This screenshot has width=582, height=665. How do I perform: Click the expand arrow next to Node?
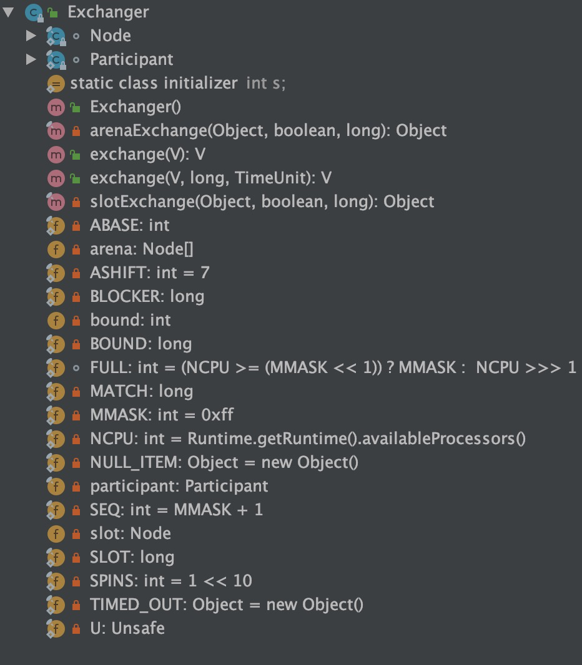(x=31, y=36)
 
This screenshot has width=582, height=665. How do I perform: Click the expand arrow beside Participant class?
(x=31, y=59)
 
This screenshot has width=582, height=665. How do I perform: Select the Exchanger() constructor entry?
(x=135, y=107)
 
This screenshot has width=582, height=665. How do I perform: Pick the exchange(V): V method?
(x=147, y=154)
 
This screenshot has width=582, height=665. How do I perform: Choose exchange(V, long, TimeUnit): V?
(x=210, y=178)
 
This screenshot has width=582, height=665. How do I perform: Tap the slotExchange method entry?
(x=262, y=201)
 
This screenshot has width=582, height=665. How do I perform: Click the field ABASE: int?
(x=129, y=225)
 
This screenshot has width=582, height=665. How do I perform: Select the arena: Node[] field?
(x=142, y=249)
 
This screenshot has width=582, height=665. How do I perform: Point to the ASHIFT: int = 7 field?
(x=149, y=273)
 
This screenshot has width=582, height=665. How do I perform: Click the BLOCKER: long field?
(x=147, y=296)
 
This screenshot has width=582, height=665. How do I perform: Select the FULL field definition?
(x=333, y=367)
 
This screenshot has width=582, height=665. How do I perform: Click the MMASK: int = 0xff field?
(x=162, y=415)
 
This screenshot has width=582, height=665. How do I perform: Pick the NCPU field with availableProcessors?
(x=307, y=439)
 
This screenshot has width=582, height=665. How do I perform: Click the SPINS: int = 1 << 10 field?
(x=170, y=581)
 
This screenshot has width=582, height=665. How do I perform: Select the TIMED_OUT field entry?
(x=226, y=604)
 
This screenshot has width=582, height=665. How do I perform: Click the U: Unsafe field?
(x=127, y=628)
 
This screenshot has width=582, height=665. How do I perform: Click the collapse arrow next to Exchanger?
(x=9, y=12)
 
